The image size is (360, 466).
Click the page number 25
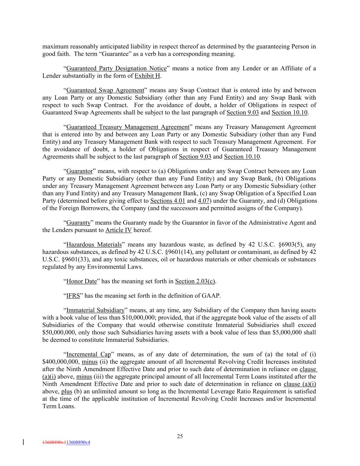[x=180, y=436]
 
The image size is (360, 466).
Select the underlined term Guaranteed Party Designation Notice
[x=116, y=68]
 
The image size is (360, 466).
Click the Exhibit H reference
[x=147, y=76]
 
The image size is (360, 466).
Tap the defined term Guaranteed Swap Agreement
[x=105, y=90]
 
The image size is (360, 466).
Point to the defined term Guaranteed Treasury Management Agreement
[x=128, y=127]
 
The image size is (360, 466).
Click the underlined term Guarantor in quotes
[x=79, y=171]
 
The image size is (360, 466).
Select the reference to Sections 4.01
[x=168, y=201]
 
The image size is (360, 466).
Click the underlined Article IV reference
[x=118, y=230]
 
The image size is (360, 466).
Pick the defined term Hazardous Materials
[x=94, y=244]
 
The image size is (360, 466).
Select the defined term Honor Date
[x=82, y=281]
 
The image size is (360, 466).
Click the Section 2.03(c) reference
[x=195, y=281]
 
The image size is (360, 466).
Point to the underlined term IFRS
[x=73, y=296]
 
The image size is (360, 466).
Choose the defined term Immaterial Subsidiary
[x=95, y=310]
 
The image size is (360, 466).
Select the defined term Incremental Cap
[x=89, y=354]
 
